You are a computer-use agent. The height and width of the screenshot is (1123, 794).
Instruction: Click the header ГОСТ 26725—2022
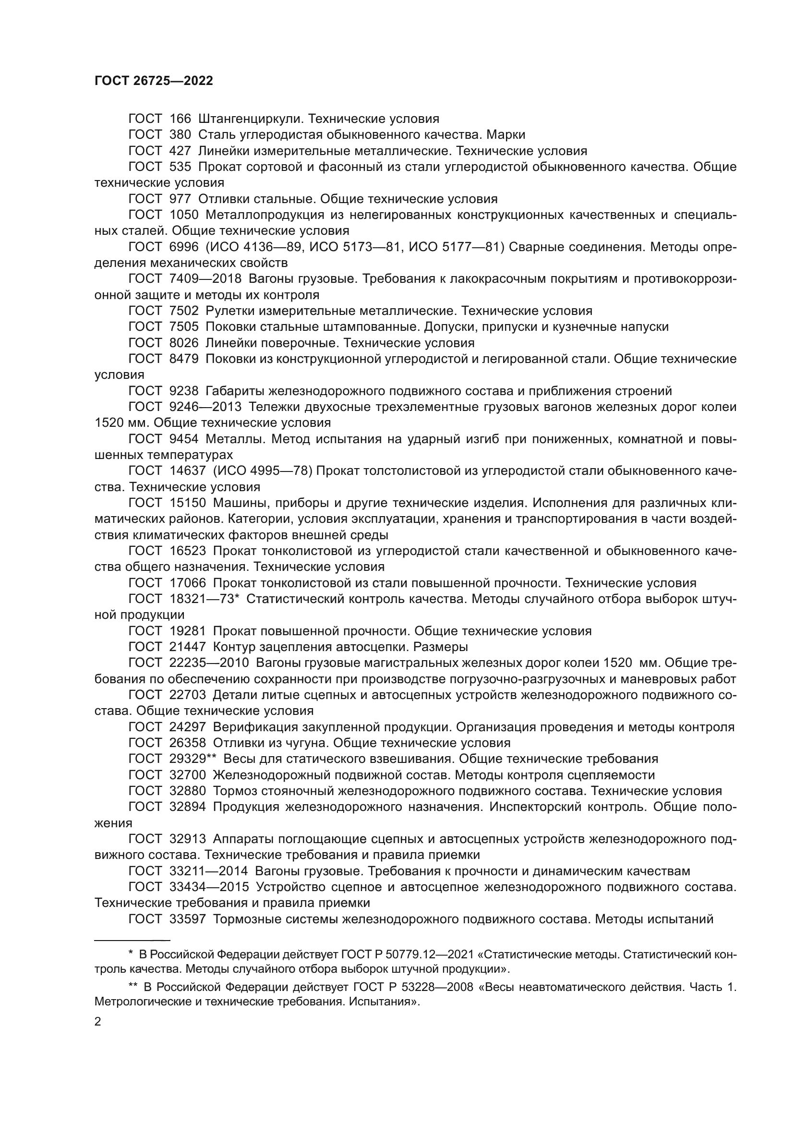click(154, 81)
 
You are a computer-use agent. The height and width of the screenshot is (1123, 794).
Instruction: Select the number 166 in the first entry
click(180, 119)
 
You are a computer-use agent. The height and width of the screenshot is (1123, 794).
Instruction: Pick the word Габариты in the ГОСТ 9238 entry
click(234, 391)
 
